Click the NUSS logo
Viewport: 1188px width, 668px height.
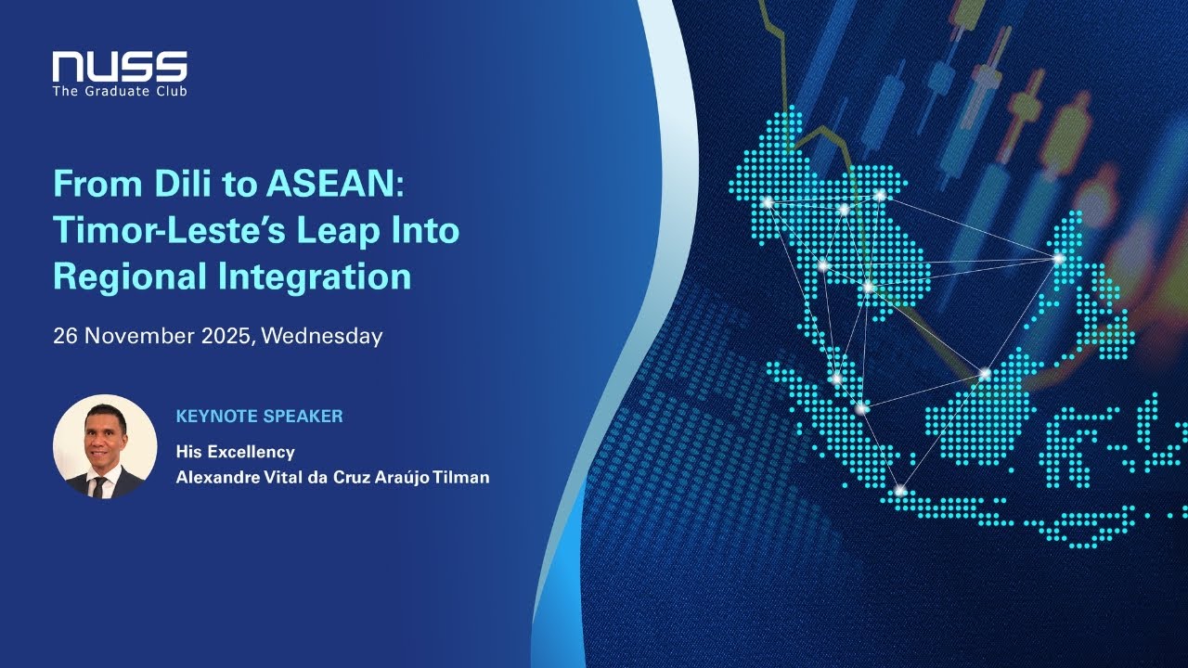120,67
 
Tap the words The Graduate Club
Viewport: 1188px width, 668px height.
120,91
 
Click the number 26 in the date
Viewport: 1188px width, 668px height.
65,336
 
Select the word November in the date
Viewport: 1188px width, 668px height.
139,336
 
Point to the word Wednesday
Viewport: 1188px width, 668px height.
322,336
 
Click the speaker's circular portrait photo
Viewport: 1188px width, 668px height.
105,446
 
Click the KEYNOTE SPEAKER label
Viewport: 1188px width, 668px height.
259,417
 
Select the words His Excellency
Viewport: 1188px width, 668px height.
235,452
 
